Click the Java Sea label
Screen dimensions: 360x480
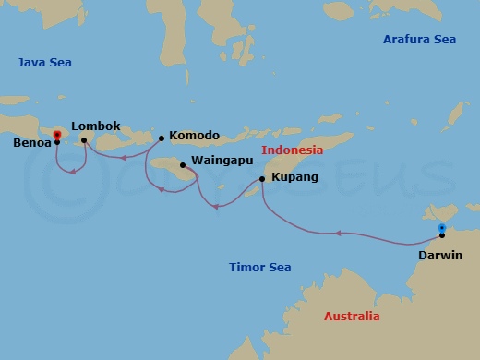pyautogui.click(x=44, y=63)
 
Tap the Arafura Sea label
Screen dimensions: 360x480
pyautogui.click(x=420, y=40)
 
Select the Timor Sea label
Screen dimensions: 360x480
pyautogui.click(x=259, y=268)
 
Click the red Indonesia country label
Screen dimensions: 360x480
pyautogui.click(x=292, y=150)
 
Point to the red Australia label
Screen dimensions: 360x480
pyautogui.click(x=352, y=317)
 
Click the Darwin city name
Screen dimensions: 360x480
pyautogui.click(x=439, y=256)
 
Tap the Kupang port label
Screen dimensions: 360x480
pyautogui.click(x=295, y=176)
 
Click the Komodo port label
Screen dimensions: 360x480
pyautogui.click(x=195, y=136)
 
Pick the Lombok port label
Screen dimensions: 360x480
pyautogui.click(x=96, y=126)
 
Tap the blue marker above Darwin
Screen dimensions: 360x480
pyautogui.click(x=441, y=227)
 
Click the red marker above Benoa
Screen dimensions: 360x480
pyautogui.click(x=57, y=135)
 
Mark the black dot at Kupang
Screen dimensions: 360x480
pyautogui.click(x=262, y=179)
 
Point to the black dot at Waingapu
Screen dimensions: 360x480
pyautogui.click(x=183, y=165)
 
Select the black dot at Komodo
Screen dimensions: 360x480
pyautogui.click(x=162, y=138)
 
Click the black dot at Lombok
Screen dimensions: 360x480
pyautogui.click(x=84, y=140)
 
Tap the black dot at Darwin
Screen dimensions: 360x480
pyautogui.click(x=442, y=236)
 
